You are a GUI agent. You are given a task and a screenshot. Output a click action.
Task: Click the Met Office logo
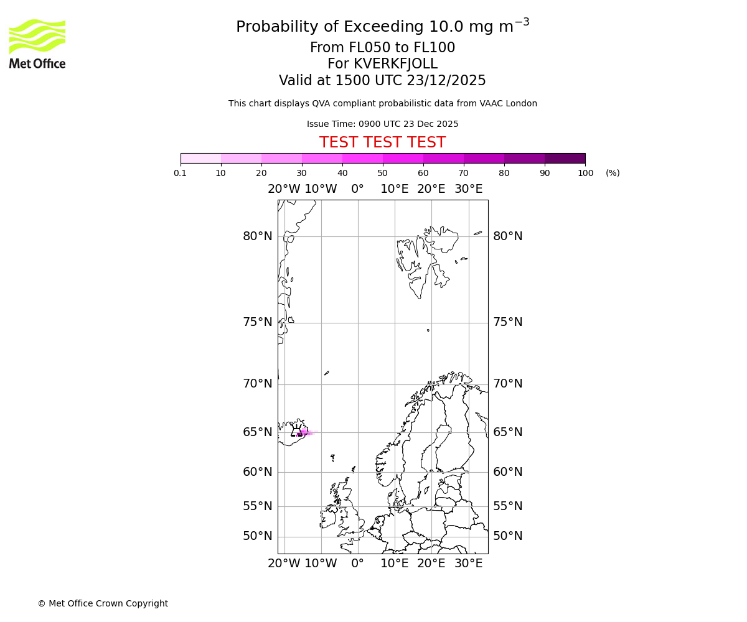click(x=37, y=44)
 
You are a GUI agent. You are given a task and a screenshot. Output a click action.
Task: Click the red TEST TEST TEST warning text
click(x=382, y=143)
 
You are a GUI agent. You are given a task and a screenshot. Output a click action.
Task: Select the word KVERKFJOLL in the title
click(x=395, y=64)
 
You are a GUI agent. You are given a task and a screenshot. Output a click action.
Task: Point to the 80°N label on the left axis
click(x=258, y=236)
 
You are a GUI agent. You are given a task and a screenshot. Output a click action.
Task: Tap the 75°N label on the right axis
click(x=508, y=322)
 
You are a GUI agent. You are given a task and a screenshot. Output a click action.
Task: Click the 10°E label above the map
click(x=395, y=189)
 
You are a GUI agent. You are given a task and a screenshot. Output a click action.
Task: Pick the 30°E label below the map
click(x=468, y=564)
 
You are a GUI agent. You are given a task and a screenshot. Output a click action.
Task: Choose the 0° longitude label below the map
click(x=357, y=564)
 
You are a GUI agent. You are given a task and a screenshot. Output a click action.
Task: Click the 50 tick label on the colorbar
click(x=383, y=174)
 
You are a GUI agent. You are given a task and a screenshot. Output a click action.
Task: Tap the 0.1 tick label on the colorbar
click(x=181, y=174)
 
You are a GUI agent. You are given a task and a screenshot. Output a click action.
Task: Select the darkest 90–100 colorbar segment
click(x=565, y=158)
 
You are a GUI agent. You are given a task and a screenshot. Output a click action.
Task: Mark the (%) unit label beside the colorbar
click(x=613, y=174)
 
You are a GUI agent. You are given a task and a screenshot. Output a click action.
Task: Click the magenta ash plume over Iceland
click(x=304, y=433)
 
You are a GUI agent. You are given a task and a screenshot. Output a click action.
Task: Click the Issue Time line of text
click(x=382, y=124)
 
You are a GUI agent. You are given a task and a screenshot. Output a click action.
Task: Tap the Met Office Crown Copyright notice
click(x=103, y=604)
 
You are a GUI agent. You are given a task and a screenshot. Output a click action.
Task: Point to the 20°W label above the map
click(x=284, y=189)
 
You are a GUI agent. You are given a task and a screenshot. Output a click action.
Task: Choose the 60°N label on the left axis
click(x=258, y=472)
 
